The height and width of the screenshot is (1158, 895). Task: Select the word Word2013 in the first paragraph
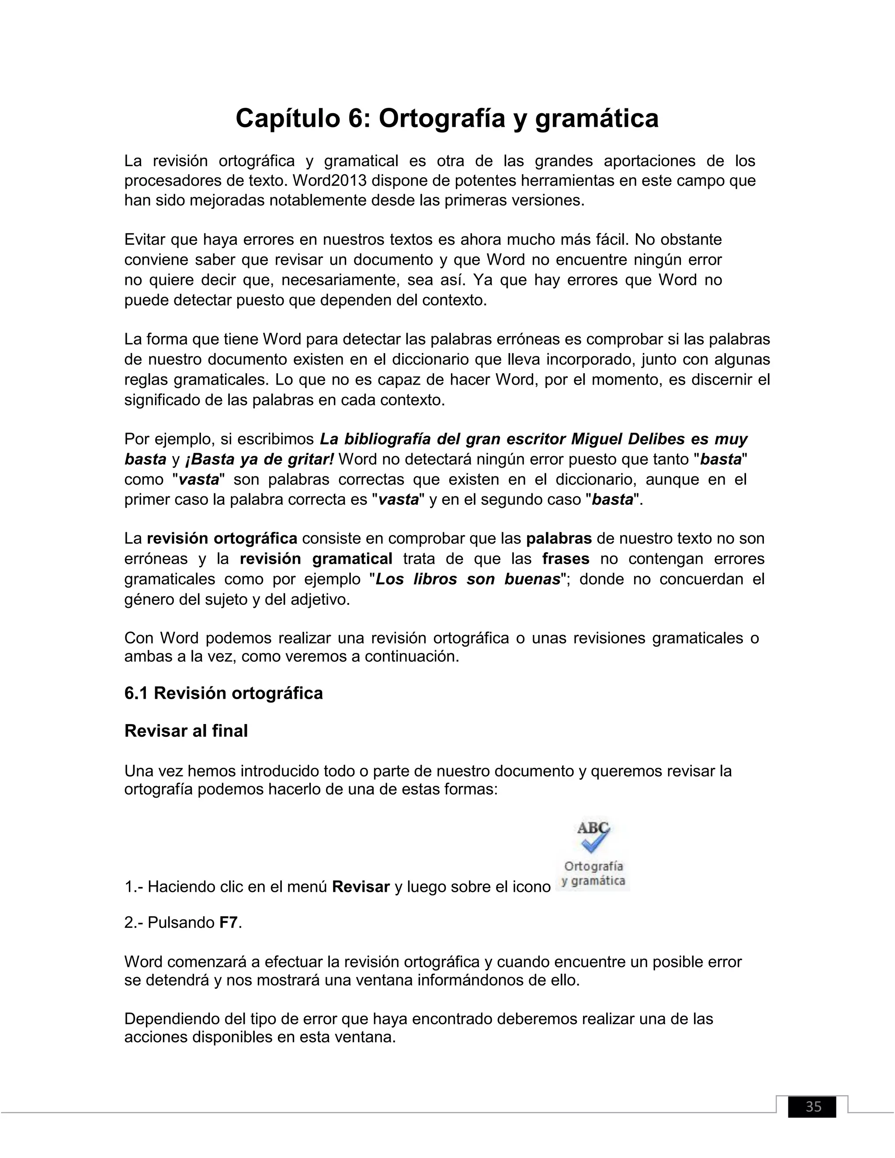[x=329, y=181]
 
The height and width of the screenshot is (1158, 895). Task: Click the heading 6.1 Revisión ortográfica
[x=223, y=693]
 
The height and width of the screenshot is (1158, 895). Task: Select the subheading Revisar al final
[x=186, y=731]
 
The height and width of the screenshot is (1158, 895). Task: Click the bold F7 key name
[x=229, y=922]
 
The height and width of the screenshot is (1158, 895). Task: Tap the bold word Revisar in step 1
[x=361, y=887]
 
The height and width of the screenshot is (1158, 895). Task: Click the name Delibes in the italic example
[x=656, y=439]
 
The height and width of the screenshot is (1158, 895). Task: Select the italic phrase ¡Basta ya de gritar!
[x=259, y=459]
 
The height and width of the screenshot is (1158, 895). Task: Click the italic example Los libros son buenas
[x=468, y=579]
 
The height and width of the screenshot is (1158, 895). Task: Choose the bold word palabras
[x=559, y=539]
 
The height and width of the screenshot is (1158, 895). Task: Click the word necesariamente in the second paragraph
[x=339, y=280]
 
